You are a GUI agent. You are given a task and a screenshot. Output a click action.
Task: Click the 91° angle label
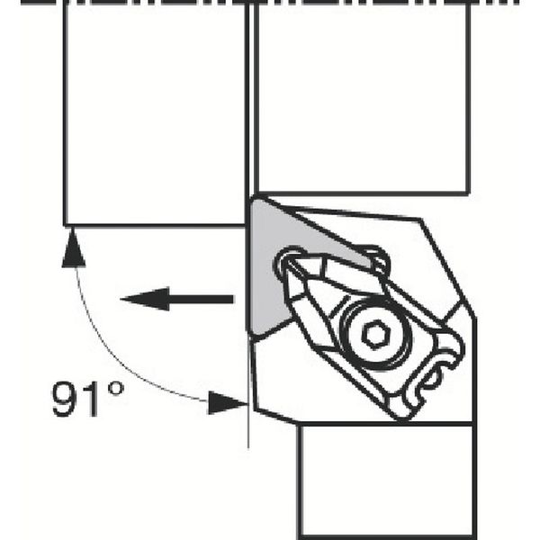point(88,399)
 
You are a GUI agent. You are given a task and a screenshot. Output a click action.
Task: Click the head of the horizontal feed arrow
point(145,299)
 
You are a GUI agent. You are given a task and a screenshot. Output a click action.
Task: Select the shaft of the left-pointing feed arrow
point(202,299)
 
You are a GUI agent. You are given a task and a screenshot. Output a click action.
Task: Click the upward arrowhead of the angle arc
point(74,248)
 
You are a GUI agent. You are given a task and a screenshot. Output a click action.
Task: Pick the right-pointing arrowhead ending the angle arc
point(229,402)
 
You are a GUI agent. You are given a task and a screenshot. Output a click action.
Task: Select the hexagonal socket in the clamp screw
point(375,333)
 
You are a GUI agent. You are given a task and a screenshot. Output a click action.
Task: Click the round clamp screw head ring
point(375,333)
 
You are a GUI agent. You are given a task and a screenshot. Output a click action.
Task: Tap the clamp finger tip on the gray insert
point(289,262)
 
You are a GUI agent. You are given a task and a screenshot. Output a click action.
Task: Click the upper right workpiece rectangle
point(362,98)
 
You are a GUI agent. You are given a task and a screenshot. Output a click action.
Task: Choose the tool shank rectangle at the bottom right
point(386,481)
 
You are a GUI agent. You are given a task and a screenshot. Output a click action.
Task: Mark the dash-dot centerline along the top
point(270,2)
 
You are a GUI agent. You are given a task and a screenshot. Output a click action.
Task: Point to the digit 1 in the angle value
point(90,399)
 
